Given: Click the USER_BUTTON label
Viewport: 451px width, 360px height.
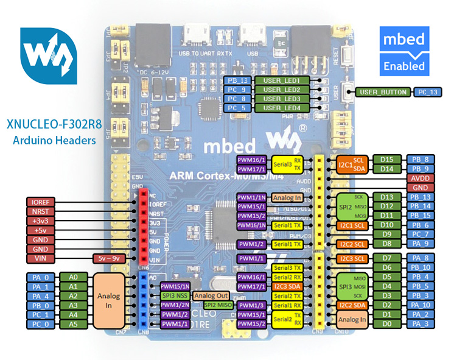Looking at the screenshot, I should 382,92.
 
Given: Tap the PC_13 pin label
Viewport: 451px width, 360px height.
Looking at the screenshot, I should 427,92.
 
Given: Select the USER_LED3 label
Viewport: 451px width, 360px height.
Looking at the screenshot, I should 282,99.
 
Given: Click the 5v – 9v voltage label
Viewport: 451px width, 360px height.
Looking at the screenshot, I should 109,258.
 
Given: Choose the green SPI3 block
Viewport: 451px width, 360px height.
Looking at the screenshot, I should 344,286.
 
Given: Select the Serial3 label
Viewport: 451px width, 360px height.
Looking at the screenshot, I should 286,164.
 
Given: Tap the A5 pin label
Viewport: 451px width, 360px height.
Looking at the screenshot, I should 73,325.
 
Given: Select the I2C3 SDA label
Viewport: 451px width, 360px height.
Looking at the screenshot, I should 289,286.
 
